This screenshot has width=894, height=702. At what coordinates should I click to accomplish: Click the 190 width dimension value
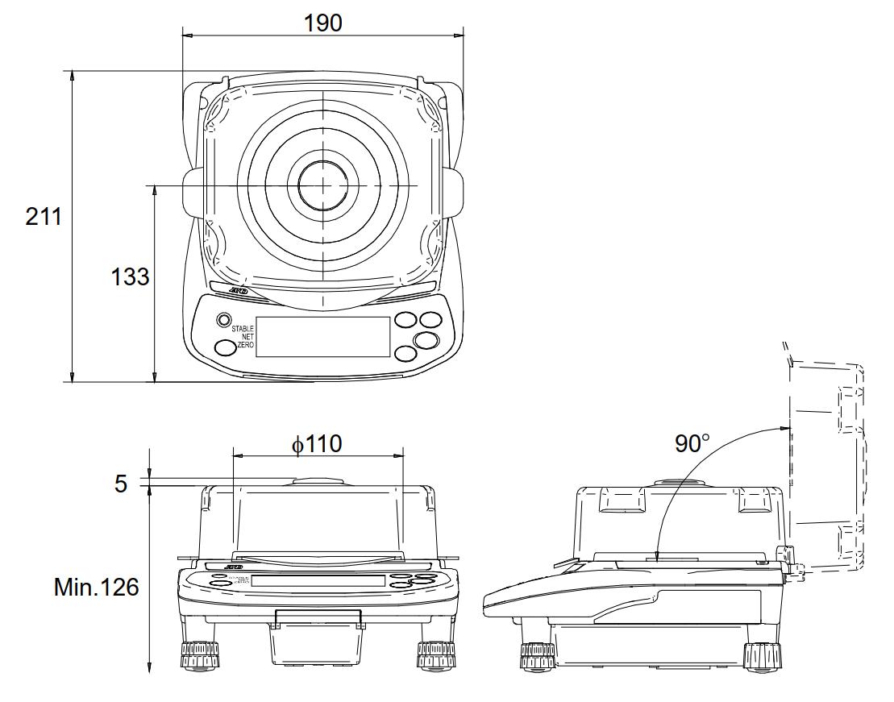pos(322,23)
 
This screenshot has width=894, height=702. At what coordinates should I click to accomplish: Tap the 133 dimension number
pos(130,276)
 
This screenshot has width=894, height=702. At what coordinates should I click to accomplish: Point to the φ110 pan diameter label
pos(316,443)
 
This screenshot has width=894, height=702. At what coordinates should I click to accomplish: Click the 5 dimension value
pos(121,484)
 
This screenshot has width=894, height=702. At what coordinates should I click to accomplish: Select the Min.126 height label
pos(96,587)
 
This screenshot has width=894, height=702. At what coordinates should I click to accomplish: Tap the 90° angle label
pos(692,443)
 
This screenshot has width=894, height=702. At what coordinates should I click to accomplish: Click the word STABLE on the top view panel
pos(243,329)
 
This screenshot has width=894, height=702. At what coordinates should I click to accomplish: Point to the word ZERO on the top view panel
pos(245,345)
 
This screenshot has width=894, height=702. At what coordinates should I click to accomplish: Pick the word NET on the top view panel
pos(247,337)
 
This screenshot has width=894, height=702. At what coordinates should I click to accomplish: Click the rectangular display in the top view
pos(328,336)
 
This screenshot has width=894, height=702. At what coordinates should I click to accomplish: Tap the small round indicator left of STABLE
pos(222,321)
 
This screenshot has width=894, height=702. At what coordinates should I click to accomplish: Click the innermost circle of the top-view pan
pos(322,185)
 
